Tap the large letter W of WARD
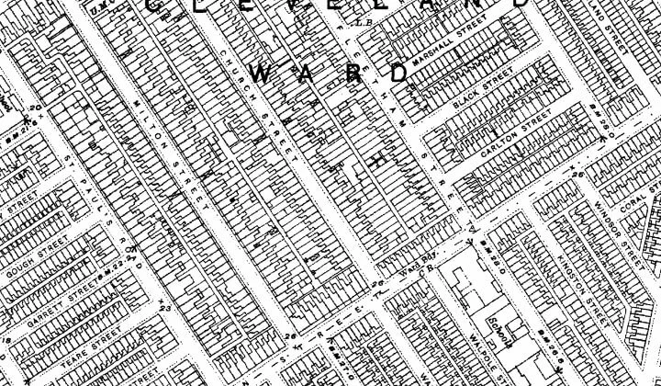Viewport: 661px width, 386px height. [261, 76]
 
